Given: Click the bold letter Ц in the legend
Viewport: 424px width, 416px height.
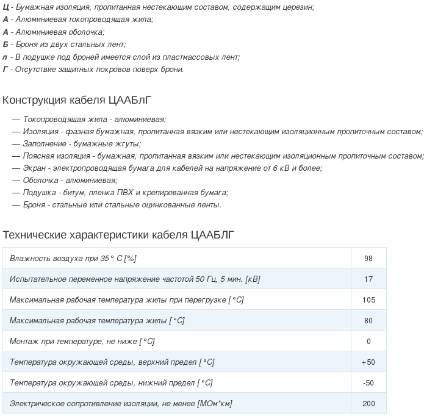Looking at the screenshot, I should click(x=5, y=7).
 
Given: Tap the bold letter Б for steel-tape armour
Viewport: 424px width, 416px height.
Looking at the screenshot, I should click(x=5, y=45).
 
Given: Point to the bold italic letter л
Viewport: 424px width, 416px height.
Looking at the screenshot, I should click(x=5, y=57).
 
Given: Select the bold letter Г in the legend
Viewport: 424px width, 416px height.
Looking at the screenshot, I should click(x=5, y=69).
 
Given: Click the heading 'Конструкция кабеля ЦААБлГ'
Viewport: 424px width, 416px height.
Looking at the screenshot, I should click(x=76, y=99).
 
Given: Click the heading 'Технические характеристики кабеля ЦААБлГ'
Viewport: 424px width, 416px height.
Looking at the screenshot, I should click(x=118, y=235).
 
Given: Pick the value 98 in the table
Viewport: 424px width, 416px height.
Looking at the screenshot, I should click(x=368, y=259).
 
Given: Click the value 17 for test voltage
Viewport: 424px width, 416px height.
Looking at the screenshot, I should click(x=368, y=279).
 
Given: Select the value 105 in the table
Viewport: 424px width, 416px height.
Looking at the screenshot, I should click(x=368, y=300).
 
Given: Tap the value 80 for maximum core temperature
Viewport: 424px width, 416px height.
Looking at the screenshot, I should click(x=368, y=321).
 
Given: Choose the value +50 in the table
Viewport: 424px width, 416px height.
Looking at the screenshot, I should click(x=368, y=362).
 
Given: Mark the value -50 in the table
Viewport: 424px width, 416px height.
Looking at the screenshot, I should click(x=368, y=383).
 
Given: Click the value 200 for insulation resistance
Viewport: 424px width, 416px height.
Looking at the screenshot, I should click(x=368, y=404).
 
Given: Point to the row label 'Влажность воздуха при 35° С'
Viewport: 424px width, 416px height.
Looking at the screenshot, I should click(x=73, y=259).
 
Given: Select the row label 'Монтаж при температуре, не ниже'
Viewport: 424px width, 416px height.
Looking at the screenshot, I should click(x=82, y=342).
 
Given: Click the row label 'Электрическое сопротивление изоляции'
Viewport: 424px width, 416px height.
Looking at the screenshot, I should click(x=121, y=404).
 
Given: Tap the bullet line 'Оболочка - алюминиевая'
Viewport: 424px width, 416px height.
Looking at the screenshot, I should click(x=70, y=181).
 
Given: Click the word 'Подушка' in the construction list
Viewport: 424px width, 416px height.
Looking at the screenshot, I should click(x=38, y=193).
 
